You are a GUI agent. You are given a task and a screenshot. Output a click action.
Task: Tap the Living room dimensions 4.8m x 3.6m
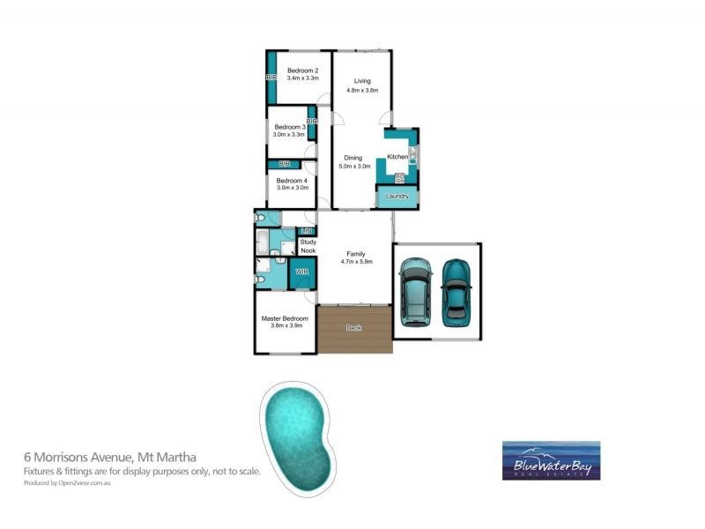(362, 90)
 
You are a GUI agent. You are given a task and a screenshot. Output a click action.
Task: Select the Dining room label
(352, 157)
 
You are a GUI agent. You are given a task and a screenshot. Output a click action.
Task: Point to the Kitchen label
(397, 157)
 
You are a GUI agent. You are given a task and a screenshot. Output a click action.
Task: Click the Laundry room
(397, 196)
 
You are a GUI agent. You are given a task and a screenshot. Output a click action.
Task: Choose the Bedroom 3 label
(290, 127)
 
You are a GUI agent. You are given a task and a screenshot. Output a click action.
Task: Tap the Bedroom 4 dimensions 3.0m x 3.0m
(293, 187)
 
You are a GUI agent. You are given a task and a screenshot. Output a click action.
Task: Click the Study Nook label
(308, 246)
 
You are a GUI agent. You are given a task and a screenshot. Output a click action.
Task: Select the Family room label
(356, 253)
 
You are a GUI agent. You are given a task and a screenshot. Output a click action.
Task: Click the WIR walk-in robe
(302, 272)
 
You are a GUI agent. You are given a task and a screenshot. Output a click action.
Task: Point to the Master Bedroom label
(285, 318)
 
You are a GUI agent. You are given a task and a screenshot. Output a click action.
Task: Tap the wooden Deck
(354, 329)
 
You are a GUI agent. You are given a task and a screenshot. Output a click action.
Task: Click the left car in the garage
(413, 289)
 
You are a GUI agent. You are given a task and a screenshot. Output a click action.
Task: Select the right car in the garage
(455, 289)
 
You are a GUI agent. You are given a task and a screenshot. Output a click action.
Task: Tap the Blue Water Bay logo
(551, 459)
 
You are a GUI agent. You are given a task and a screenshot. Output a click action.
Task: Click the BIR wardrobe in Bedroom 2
(271, 78)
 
